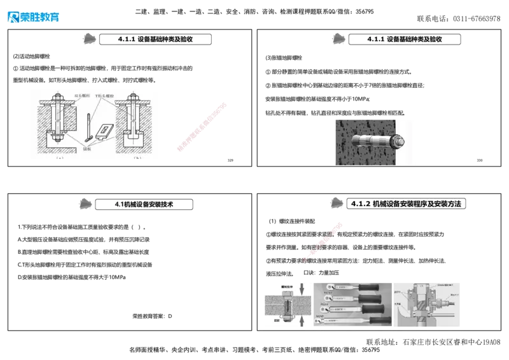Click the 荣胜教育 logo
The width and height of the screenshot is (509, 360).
[x=33, y=17]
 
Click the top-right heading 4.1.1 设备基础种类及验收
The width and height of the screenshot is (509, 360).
[x=404, y=39]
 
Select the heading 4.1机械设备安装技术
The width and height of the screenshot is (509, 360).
[x=144, y=204]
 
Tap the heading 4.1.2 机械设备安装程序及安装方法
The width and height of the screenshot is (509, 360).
[x=407, y=204]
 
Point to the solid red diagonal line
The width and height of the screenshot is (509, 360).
[x=201, y=127]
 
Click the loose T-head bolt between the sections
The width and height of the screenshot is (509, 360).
[x=86, y=123]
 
